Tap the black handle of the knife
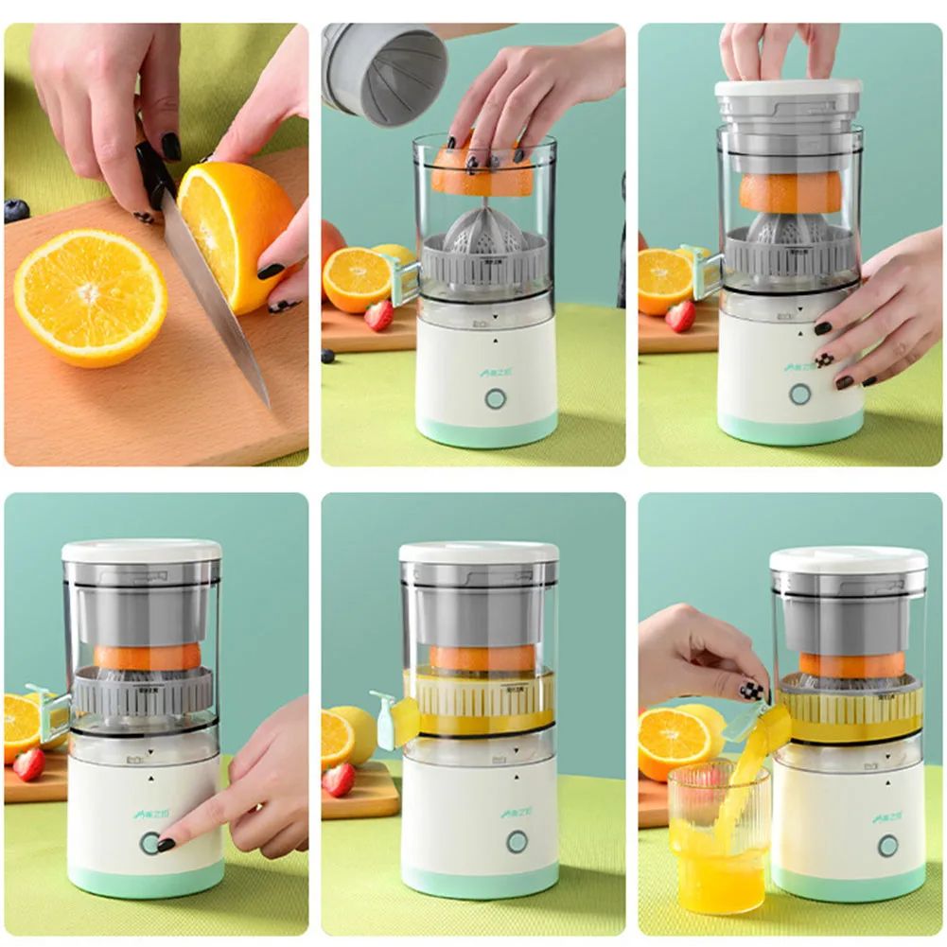point(151,170)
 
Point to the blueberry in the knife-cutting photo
point(16,211)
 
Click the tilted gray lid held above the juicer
point(383,72)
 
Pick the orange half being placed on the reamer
point(482,175)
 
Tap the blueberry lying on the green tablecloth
point(327,356)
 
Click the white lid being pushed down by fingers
point(788,88)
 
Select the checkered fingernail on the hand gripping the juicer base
point(825,360)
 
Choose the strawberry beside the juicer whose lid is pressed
point(680,316)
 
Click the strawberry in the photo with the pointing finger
point(28,764)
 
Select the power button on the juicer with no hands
point(517,841)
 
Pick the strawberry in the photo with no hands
point(338,780)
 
